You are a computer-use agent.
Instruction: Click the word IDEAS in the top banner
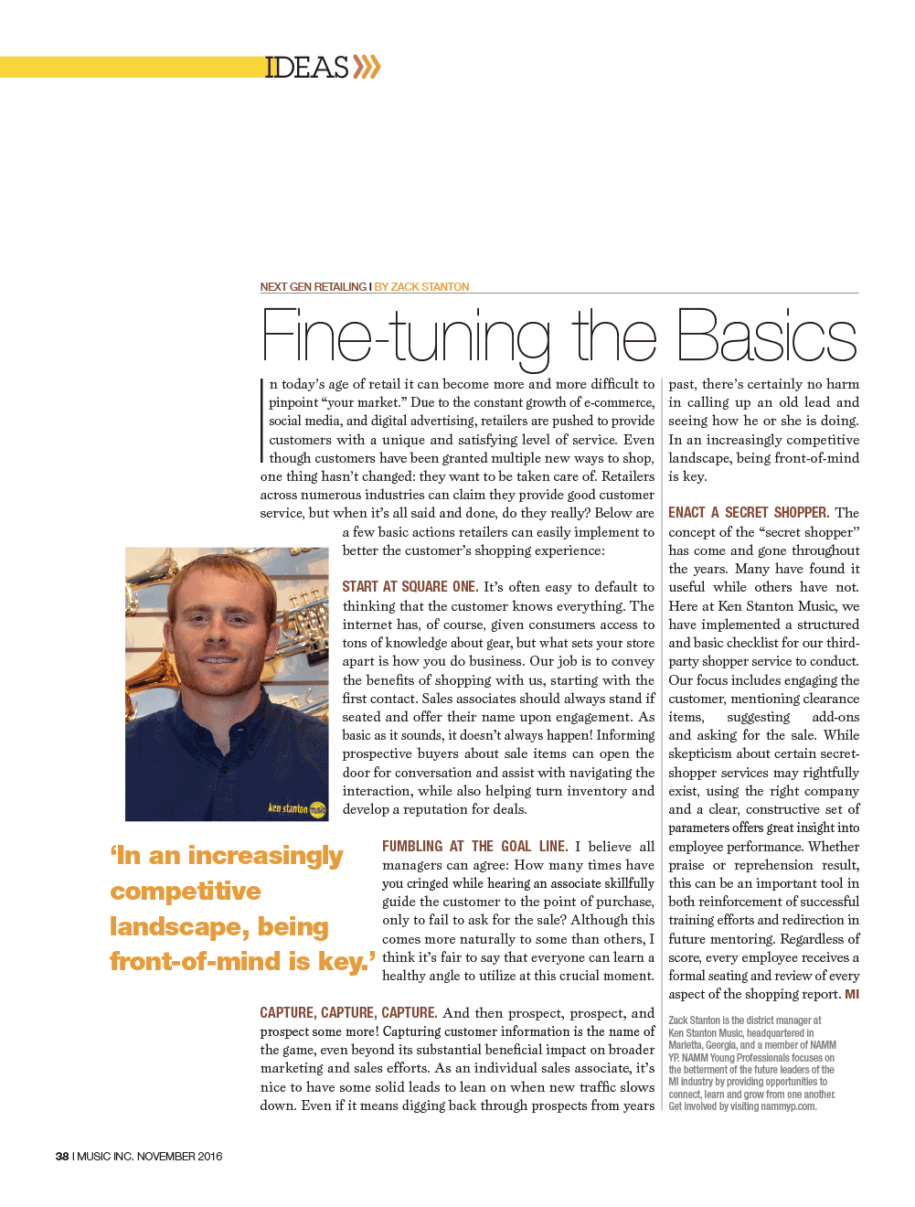(x=306, y=68)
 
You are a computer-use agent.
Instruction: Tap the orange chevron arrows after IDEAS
(x=367, y=67)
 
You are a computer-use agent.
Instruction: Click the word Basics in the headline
(x=766, y=337)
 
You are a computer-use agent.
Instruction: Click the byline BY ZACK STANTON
(x=421, y=287)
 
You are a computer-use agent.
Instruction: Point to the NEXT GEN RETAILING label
(x=313, y=287)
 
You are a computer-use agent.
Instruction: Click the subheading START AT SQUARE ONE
(x=410, y=587)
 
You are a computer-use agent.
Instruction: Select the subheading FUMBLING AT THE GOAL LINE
(x=474, y=847)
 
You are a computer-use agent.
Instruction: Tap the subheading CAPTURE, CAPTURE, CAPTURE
(x=348, y=1013)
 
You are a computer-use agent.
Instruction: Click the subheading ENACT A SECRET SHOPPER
(x=748, y=513)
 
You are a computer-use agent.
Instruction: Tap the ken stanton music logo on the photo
(x=296, y=808)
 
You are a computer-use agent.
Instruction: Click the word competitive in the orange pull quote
(x=186, y=892)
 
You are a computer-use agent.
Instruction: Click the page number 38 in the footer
(x=62, y=1157)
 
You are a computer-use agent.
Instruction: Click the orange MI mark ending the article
(x=851, y=995)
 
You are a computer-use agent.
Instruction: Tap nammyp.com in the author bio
(x=788, y=1106)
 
